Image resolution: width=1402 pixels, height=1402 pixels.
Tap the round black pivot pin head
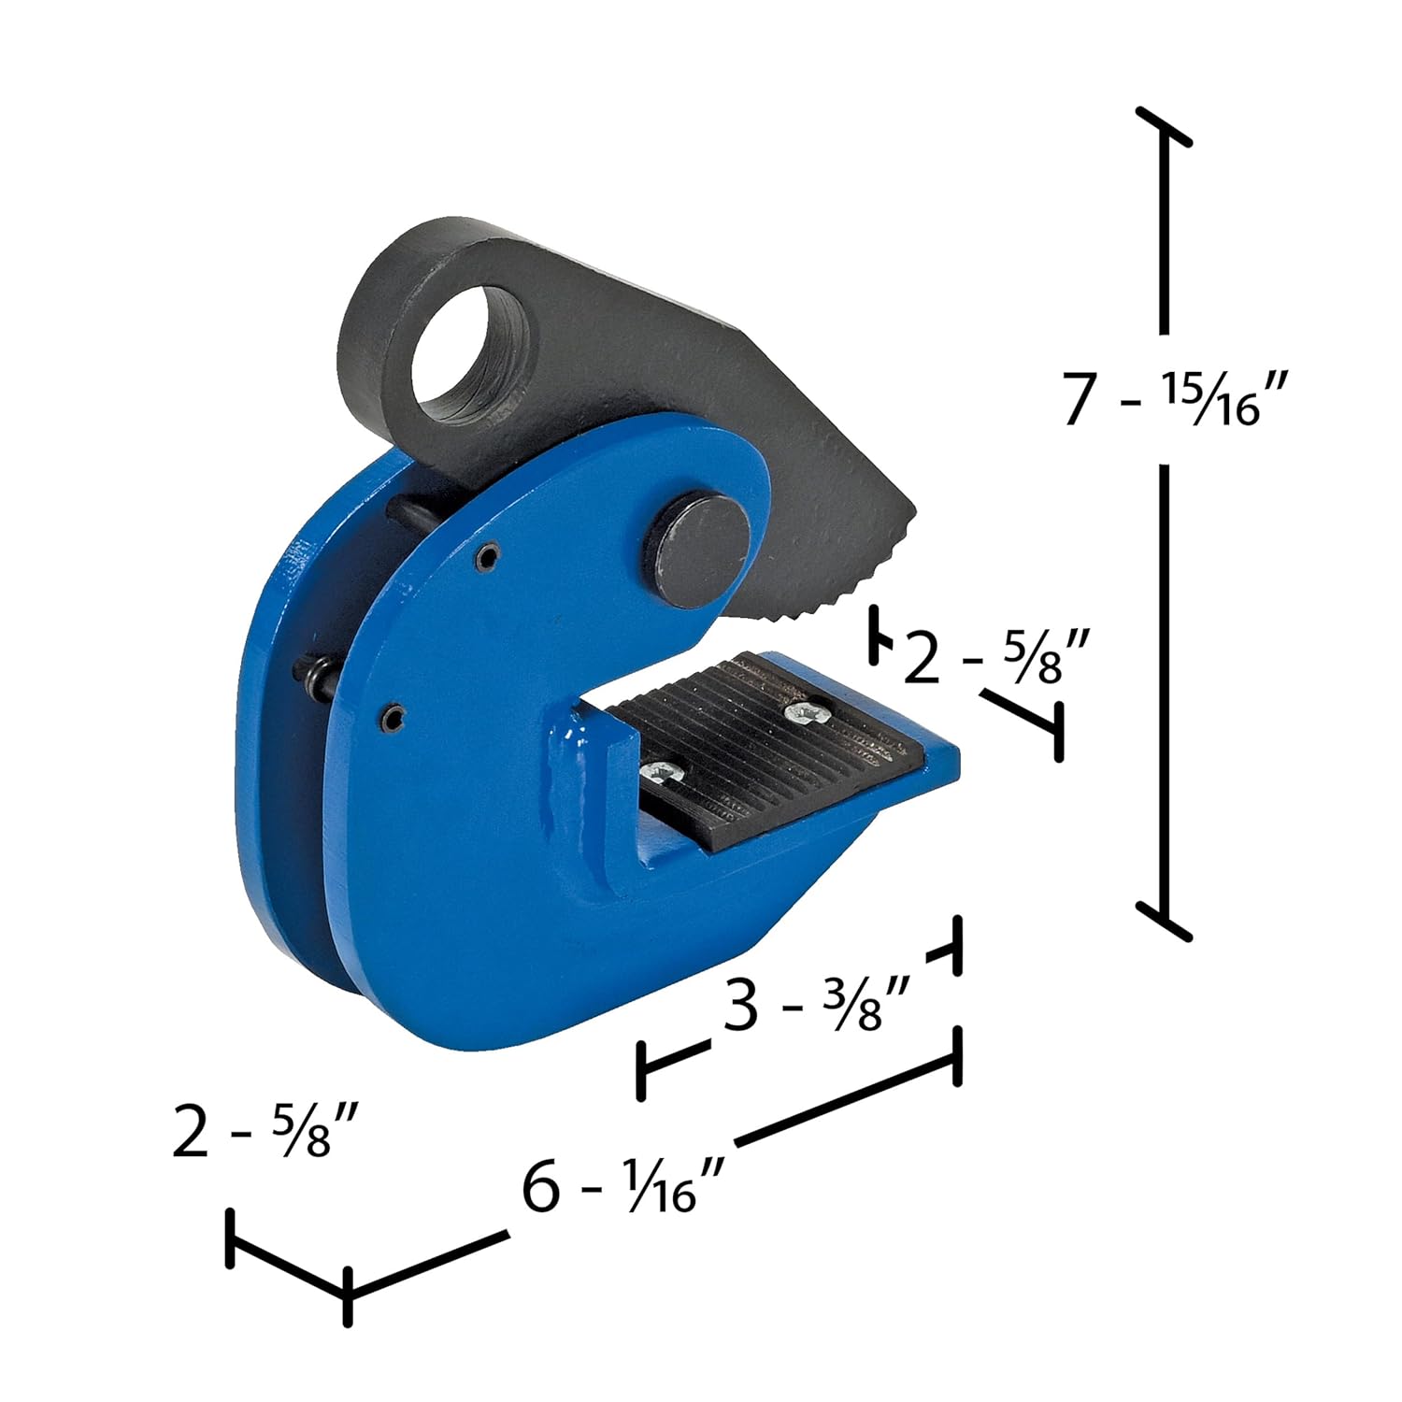704,543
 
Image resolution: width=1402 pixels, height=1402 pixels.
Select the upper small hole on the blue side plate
484,558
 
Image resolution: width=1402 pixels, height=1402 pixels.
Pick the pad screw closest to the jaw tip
803,712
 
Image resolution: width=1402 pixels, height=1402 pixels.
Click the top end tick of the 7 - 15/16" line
1164,127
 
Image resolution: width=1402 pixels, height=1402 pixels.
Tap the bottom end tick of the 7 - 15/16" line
1164,921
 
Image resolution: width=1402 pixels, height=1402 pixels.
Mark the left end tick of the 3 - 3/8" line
641,1071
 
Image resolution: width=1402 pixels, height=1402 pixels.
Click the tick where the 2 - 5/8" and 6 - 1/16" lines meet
347,1296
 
